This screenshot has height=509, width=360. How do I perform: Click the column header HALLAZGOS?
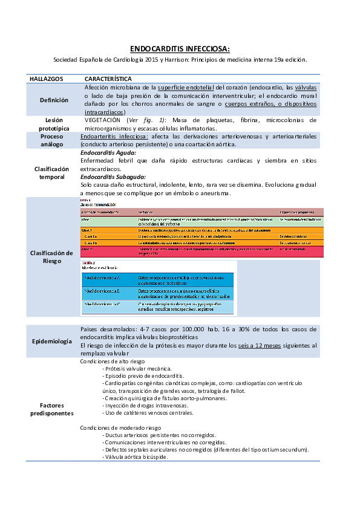(43, 79)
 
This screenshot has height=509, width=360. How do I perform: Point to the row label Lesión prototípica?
(54, 124)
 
